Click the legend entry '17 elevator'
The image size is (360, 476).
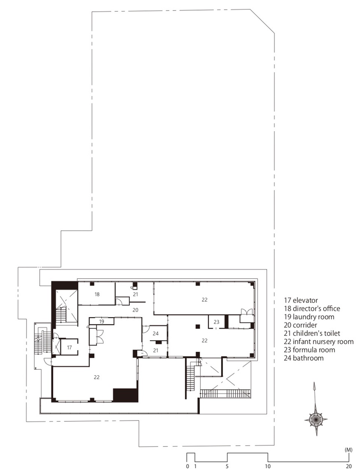301,300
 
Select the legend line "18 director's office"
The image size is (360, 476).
312,309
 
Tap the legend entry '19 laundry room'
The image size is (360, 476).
309,317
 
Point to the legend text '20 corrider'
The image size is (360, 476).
300,325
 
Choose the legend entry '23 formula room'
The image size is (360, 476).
309,350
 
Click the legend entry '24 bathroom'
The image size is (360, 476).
304,358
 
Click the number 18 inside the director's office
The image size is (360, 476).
97,294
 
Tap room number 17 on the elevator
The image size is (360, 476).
69,348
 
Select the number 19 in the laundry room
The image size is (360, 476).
102,322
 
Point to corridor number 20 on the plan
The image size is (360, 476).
135,310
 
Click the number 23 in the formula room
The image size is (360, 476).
217,322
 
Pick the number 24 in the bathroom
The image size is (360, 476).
156,333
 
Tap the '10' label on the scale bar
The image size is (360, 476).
268,466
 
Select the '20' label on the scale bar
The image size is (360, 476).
349,466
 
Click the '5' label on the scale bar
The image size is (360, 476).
227,466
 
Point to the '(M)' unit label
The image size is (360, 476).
348,450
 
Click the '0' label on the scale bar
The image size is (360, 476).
187,466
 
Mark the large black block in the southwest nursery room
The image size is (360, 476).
126,395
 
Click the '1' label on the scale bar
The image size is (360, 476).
195,466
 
